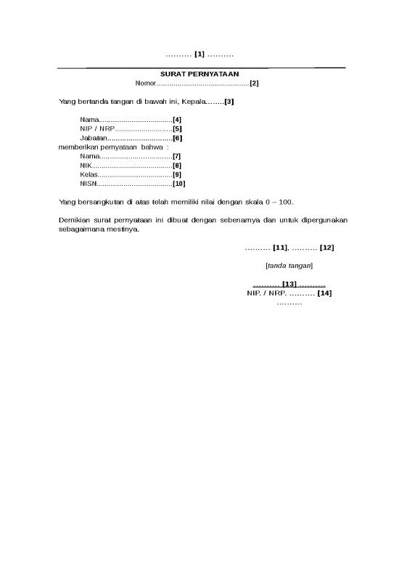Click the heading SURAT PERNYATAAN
tap(199, 75)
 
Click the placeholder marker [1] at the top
tap(199, 54)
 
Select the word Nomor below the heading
tap(146, 83)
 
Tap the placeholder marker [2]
tap(254, 83)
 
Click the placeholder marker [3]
tap(229, 101)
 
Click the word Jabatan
tap(94, 137)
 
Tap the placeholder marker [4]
tap(177, 118)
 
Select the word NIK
tap(87, 165)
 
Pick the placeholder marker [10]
tap(178, 184)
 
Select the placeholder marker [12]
tap(326, 248)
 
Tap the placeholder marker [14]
tap(324, 293)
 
